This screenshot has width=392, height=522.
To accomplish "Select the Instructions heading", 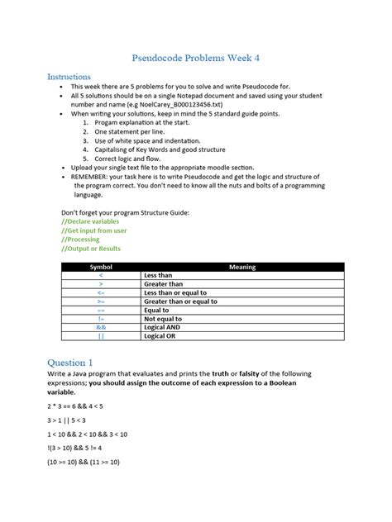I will pyautogui.click(x=69, y=76).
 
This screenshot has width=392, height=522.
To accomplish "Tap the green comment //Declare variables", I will pyautogui.click(x=90, y=221).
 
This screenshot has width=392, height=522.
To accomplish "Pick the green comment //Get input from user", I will pyautogui.click(x=93, y=230).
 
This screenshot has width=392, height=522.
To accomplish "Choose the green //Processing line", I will pyautogui.click(x=81, y=240).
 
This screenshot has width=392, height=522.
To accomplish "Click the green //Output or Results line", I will pyautogui.click(x=91, y=249).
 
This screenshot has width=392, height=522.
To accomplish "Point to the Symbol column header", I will pyautogui.click(x=100, y=267).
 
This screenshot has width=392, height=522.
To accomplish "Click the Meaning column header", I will pyautogui.click(x=242, y=267).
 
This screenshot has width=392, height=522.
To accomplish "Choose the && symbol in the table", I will pyautogui.click(x=100, y=328).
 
